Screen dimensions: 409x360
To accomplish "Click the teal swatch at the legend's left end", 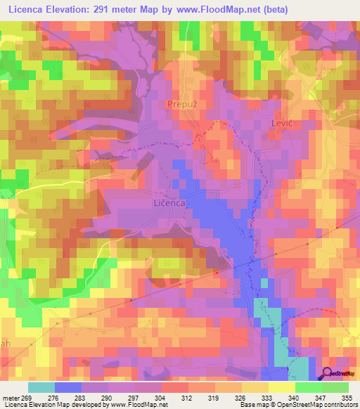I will pyautogui.click(x=41, y=387).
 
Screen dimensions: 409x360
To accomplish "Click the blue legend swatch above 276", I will pyautogui.click(x=68, y=387).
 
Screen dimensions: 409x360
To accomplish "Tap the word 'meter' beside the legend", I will pyautogui.click(x=11, y=398).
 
